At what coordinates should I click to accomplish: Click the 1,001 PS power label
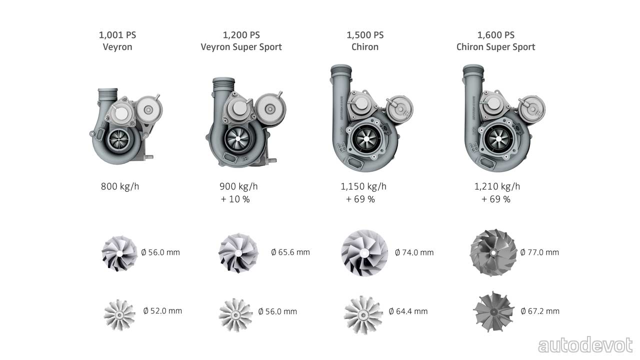click(117, 35)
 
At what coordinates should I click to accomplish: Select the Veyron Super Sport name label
click(241, 47)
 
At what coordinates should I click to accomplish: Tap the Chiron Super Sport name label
click(495, 47)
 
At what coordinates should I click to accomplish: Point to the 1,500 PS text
click(365, 35)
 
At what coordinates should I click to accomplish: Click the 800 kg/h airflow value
click(120, 186)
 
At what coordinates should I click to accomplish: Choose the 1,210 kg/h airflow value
click(497, 186)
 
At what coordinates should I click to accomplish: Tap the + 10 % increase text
click(235, 199)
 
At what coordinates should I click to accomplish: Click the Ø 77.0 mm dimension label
click(539, 252)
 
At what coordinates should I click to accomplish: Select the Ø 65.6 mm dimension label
click(290, 252)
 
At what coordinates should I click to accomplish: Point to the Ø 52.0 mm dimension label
click(162, 311)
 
